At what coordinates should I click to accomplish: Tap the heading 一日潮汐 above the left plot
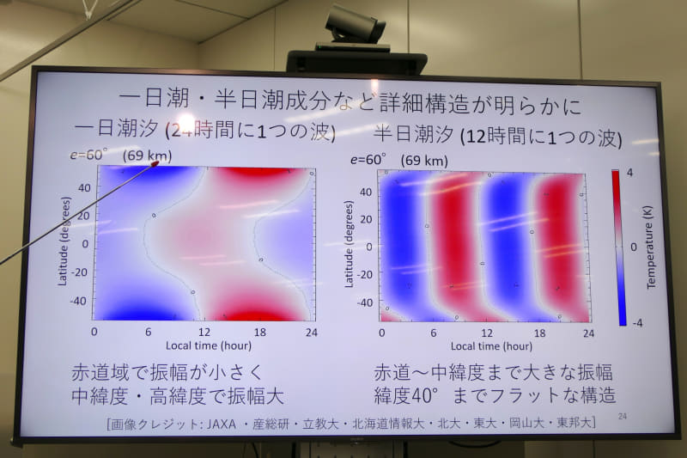[x=116, y=131]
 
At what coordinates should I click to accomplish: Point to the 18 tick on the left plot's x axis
[x=259, y=332]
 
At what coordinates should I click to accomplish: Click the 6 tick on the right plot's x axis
[x=434, y=333]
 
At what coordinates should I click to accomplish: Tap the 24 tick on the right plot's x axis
[x=588, y=332]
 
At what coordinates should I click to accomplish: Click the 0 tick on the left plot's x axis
[x=94, y=332]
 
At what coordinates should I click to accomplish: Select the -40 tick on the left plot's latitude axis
[x=80, y=301]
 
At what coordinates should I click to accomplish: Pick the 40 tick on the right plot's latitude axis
[x=365, y=192]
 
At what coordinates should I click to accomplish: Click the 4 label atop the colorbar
[x=629, y=174]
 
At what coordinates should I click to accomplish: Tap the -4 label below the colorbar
[x=629, y=322]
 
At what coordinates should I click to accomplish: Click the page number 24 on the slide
[x=623, y=416]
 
